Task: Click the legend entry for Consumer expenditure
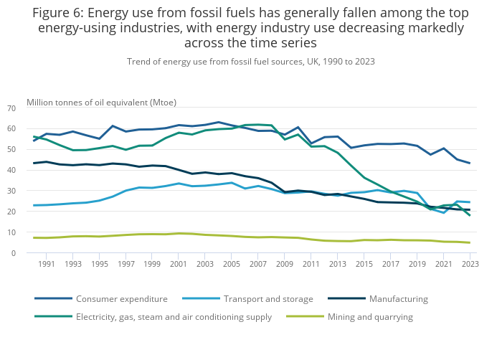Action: tap(121, 298)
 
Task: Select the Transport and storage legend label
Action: tap(268, 298)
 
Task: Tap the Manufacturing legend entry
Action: tap(398, 298)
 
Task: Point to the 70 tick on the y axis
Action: tap(11, 108)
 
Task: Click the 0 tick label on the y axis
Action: tap(14, 253)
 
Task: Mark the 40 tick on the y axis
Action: tap(11, 170)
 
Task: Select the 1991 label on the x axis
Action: tap(47, 264)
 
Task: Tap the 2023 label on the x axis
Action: tap(470, 264)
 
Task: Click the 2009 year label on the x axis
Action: tap(285, 264)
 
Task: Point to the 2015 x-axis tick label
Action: tap(364, 264)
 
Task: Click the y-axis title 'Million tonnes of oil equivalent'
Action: tap(101, 102)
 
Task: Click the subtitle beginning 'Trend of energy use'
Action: tap(250, 62)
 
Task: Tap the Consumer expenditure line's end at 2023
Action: tap(470, 164)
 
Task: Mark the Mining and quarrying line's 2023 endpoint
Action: tap(470, 242)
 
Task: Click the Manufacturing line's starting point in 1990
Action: tap(34, 164)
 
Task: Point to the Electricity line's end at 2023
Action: tap(470, 215)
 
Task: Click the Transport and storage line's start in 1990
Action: tap(34, 205)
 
